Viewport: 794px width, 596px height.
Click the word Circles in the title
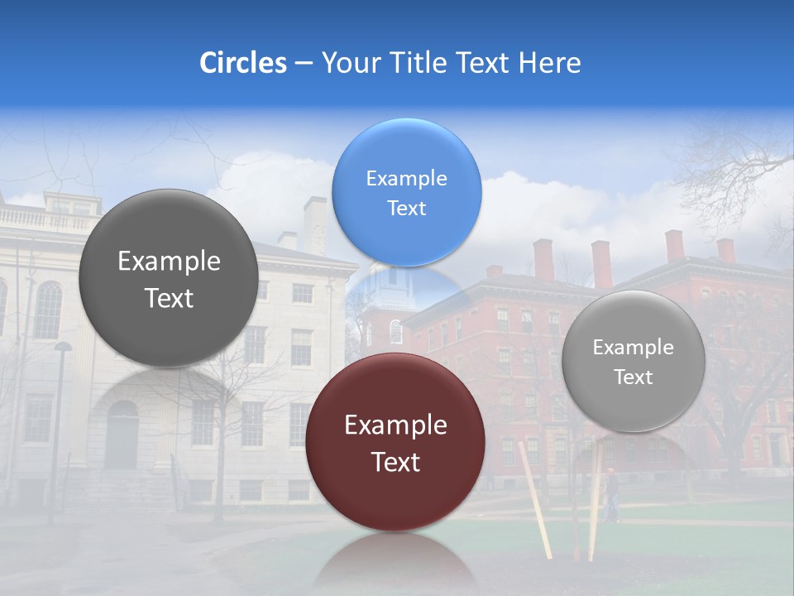coord(242,63)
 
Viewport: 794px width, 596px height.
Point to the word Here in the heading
coord(550,63)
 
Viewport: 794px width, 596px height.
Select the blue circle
coord(406,192)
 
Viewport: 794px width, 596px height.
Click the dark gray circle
coord(169,278)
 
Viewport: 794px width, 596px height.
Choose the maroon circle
coord(395,442)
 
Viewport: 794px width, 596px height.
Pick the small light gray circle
coord(634,361)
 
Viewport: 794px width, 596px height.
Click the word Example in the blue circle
coord(406,178)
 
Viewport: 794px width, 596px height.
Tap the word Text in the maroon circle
coord(395,462)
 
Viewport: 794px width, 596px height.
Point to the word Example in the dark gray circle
coord(169,262)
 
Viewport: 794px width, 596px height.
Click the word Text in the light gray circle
coord(634,377)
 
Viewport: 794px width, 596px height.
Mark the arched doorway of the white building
coord(122,434)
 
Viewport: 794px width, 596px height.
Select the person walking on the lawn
coord(611,494)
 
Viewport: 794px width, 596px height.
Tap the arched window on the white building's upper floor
coord(48,310)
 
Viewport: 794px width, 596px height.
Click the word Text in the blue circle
coord(406,208)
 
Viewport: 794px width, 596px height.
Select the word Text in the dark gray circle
coord(169,298)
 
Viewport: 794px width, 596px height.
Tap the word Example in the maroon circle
coord(395,425)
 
